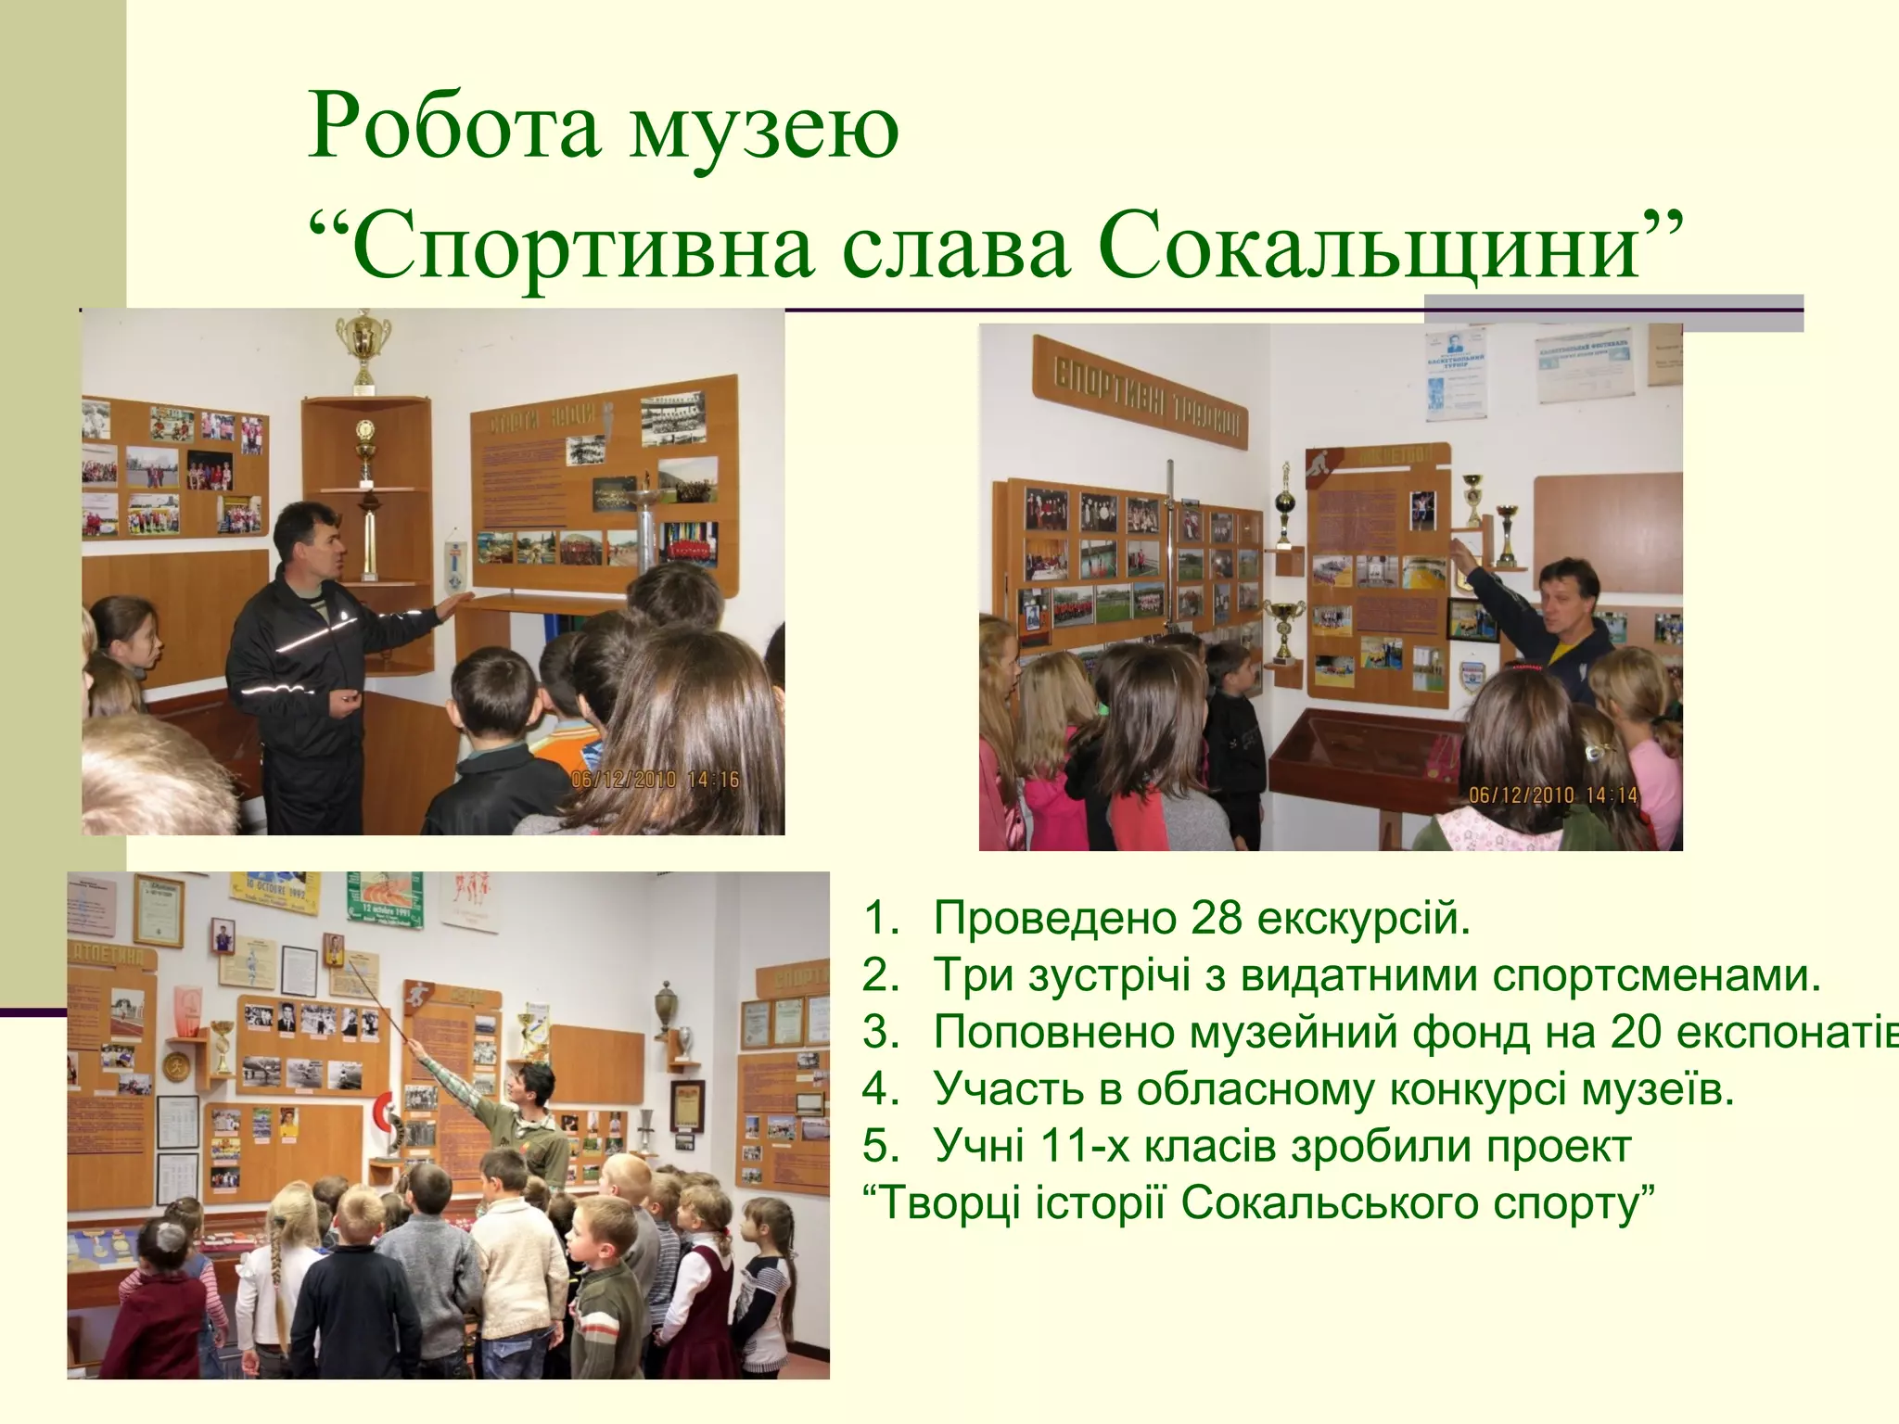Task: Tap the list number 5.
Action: click(879, 1146)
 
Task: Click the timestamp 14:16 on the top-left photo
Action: click(713, 780)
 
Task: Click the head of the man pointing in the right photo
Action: click(1568, 593)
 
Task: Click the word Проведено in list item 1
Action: click(1053, 918)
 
